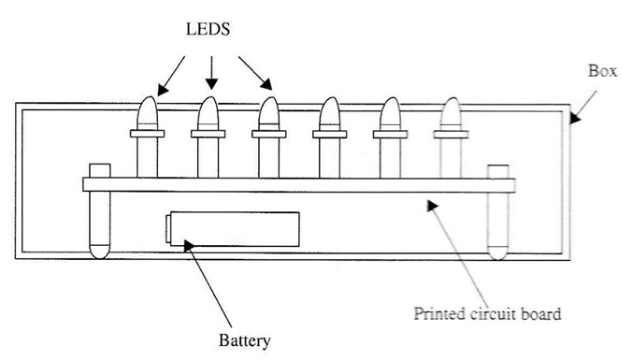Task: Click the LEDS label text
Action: (208, 29)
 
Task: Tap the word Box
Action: (603, 71)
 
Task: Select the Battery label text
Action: (244, 340)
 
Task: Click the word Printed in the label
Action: (440, 313)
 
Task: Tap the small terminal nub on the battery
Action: (167, 229)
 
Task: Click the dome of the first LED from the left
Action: (147, 113)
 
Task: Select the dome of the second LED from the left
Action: (208, 113)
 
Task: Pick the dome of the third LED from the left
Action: (269, 113)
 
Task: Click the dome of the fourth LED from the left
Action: (330, 113)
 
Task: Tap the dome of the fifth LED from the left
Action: (390, 113)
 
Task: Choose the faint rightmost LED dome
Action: (451, 113)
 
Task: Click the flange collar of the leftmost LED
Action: (147, 134)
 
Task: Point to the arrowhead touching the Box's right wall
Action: (575, 118)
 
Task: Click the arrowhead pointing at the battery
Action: (189, 246)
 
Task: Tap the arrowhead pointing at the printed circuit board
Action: (433, 205)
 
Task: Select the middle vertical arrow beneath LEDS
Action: (211, 73)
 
